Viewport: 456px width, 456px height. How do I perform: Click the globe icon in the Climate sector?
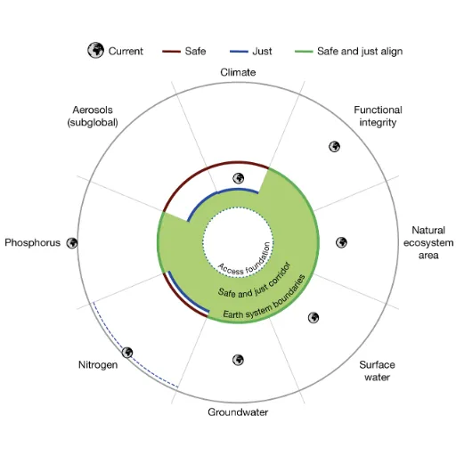point(238,178)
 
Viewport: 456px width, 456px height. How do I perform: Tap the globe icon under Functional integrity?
point(334,146)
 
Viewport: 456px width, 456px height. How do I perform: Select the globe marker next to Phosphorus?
point(72,243)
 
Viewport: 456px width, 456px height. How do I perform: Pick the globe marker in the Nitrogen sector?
point(127,353)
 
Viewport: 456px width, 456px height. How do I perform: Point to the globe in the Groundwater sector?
point(238,360)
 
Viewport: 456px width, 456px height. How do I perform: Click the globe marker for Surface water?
point(313,317)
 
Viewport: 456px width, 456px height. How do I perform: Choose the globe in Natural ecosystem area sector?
point(341,242)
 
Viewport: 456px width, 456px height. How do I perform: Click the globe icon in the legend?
point(95,50)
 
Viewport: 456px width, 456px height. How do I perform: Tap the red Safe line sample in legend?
point(171,52)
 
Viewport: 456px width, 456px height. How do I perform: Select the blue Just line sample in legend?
point(239,52)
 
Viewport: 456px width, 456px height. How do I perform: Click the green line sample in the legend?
point(304,52)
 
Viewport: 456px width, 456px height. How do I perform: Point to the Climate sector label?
point(238,72)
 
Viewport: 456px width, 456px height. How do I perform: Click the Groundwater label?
point(238,412)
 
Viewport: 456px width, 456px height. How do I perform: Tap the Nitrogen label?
point(98,364)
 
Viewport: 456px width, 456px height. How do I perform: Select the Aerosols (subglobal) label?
point(93,116)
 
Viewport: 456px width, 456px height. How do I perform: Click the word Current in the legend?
point(126,51)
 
